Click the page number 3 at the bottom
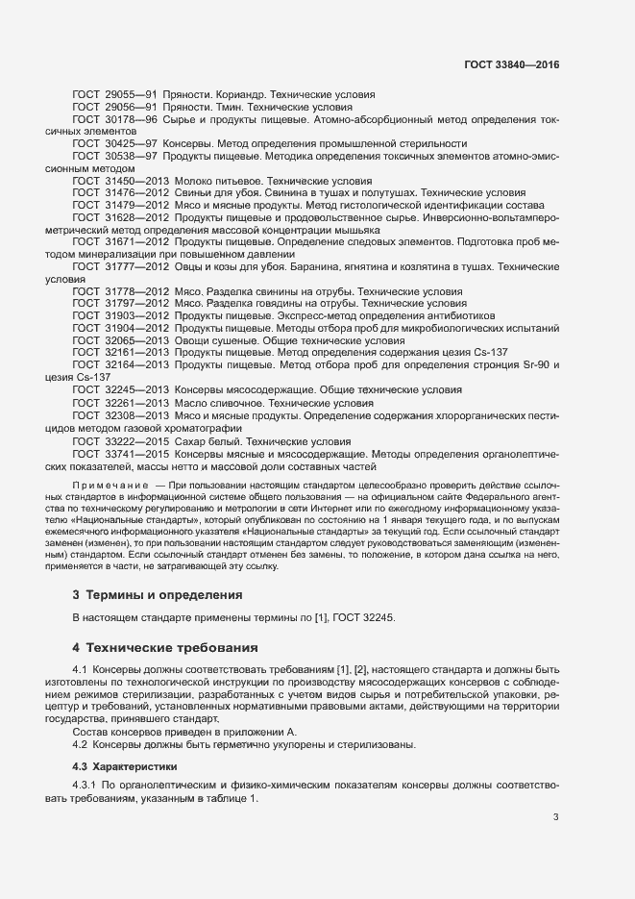[x=555, y=818]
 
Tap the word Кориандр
[x=234, y=95]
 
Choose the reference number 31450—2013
[x=138, y=181]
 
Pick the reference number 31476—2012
[x=138, y=193]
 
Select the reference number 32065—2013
[x=138, y=340]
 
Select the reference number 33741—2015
[x=138, y=452]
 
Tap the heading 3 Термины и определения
[x=158, y=596]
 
